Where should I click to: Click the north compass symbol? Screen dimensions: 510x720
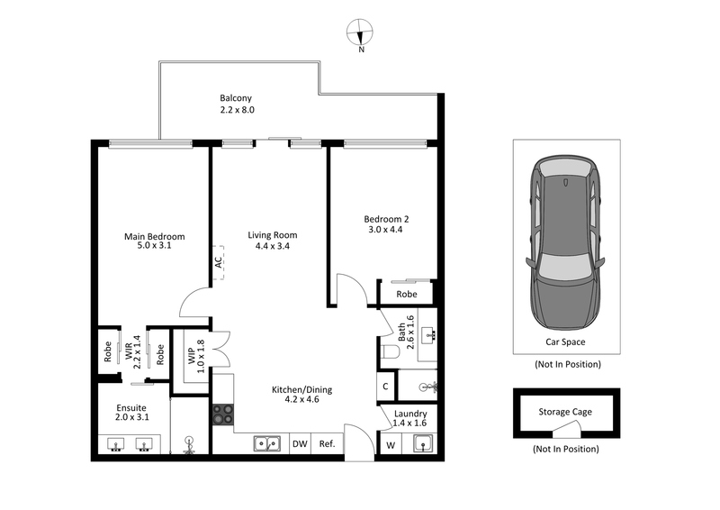point(361,33)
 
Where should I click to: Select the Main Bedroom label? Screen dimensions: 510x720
point(147,237)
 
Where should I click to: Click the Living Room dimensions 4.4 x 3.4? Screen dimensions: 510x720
point(273,246)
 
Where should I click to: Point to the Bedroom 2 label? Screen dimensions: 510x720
point(386,219)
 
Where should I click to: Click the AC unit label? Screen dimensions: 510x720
point(218,262)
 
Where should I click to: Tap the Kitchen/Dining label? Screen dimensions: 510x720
point(302,389)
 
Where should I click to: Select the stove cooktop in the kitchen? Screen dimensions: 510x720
point(223,414)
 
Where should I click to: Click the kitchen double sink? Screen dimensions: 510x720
point(266,442)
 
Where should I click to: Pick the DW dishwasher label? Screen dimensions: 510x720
point(300,443)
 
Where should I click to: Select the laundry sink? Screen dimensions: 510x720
point(421,442)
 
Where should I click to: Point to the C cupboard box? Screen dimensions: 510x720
point(385,387)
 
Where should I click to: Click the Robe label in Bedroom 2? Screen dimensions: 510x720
point(407,294)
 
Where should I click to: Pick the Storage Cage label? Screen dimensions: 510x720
point(565,412)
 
